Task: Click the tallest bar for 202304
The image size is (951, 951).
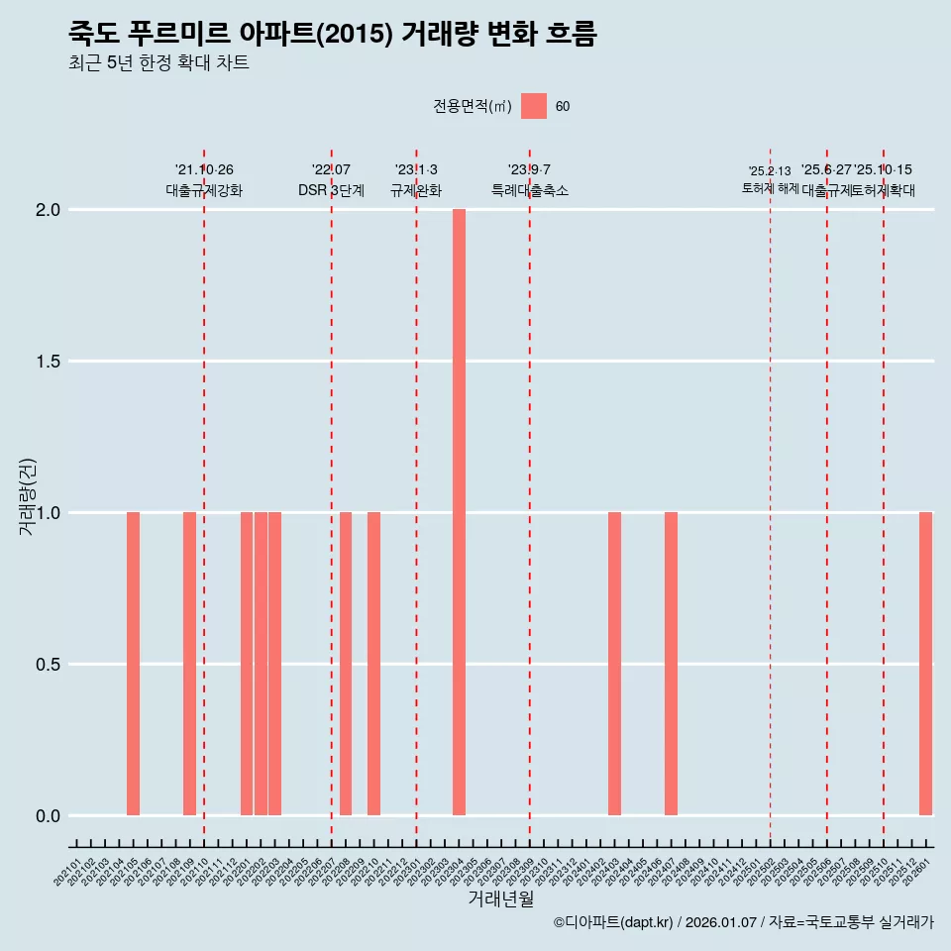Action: (x=459, y=512)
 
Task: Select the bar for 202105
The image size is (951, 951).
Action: (x=133, y=664)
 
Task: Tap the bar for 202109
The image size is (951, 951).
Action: (x=189, y=664)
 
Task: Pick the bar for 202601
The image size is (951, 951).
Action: (x=925, y=664)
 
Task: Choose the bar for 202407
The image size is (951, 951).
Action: (x=671, y=664)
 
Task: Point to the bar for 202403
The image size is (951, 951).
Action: (x=614, y=664)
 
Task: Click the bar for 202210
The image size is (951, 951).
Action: (x=373, y=664)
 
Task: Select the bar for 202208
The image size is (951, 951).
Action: (x=346, y=664)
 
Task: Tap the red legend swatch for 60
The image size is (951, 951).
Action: (x=534, y=106)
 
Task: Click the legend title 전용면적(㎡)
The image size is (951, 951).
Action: (x=473, y=107)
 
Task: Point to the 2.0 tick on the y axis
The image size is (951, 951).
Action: (x=50, y=210)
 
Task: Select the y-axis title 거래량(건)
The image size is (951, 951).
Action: (x=28, y=497)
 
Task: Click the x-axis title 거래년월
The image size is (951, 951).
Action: (x=500, y=899)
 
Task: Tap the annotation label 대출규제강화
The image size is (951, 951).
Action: (x=204, y=190)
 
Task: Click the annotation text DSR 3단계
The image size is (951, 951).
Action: (x=331, y=190)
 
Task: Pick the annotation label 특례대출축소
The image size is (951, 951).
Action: (x=530, y=190)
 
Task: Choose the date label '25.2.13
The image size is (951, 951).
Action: (x=770, y=171)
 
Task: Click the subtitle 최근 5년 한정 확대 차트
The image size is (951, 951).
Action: (x=158, y=63)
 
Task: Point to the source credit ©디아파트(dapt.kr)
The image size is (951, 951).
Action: (x=613, y=922)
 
